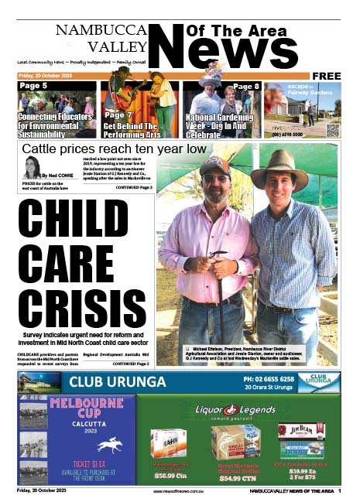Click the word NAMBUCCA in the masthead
click(96, 30)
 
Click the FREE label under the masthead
click(327, 75)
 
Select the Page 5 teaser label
click(33, 86)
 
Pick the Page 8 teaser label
click(246, 87)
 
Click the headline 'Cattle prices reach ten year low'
click(114, 149)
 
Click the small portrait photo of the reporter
click(32, 169)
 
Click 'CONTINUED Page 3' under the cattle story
click(132, 187)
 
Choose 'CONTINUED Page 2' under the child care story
click(132, 363)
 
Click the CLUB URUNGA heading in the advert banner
click(117, 381)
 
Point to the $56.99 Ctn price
click(168, 476)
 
